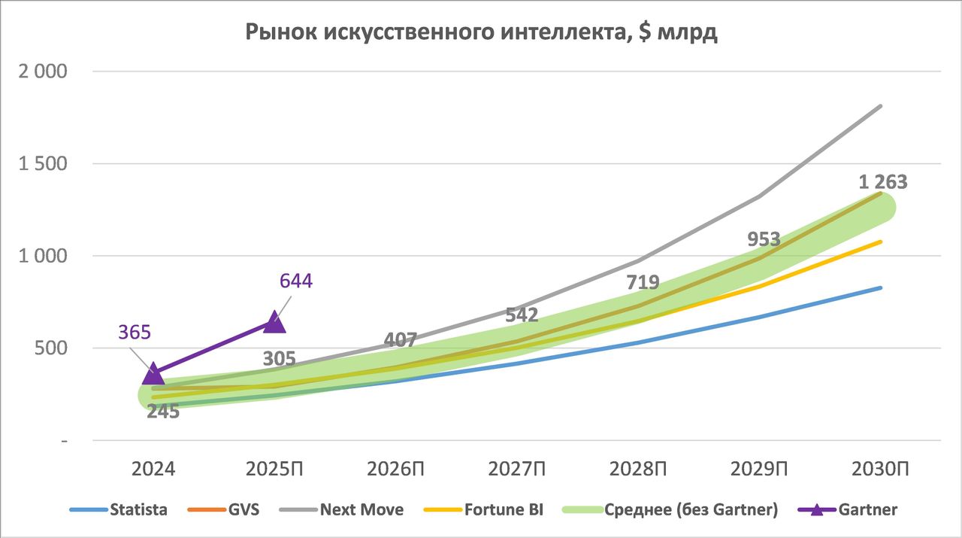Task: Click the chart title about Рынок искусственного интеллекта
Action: pyautogui.click(x=481, y=33)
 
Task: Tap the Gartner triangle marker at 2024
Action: pyautogui.click(x=153, y=372)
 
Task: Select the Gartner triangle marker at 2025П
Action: pyautogui.click(x=274, y=322)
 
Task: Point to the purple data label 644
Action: pyautogui.click(x=295, y=281)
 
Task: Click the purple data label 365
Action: pyautogui.click(x=135, y=332)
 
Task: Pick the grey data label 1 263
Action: pyautogui.click(x=883, y=182)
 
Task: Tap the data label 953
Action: pyautogui.click(x=764, y=239)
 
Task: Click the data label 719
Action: pyautogui.click(x=643, y=283)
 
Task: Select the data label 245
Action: pyautogui.click(x=163, y=412)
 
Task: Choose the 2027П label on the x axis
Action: pyautogui.click(x=517, y=469)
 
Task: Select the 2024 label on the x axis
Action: pyautogui.click(x=153, y=469)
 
